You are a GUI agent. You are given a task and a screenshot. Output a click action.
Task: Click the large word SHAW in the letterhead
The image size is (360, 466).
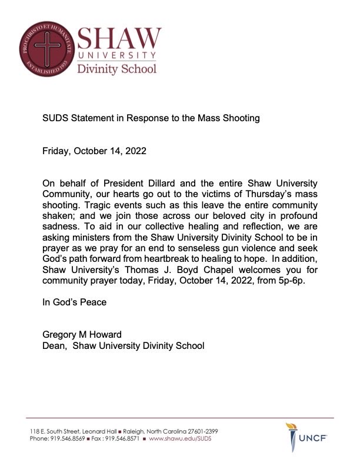[x=119, y=40]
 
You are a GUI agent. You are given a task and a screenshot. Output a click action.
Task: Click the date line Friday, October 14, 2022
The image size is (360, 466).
[x=94, y=151]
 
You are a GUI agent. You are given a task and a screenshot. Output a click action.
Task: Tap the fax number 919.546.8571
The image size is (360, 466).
[x=121, y=439]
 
